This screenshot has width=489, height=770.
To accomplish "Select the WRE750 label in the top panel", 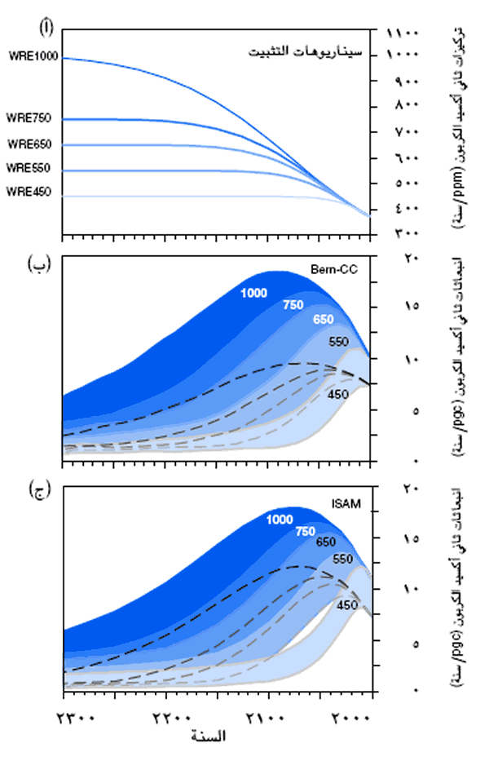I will pyautogui.click(x=29, y=119).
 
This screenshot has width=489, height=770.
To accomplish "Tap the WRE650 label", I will pyautogui.click(x=29, y=144).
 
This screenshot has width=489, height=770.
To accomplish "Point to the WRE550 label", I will pyautogui.click(x=29, y=168).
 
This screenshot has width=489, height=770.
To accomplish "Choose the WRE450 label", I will pyautogui.click(x=29, y=192).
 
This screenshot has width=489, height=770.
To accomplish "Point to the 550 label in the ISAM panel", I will pyautogui.click(x=342, y=559).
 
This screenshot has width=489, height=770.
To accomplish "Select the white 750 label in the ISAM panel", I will pyautogui.click(x=305, y=532).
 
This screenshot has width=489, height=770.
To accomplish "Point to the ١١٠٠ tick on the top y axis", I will pyautogui.click(x=402, y=33).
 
